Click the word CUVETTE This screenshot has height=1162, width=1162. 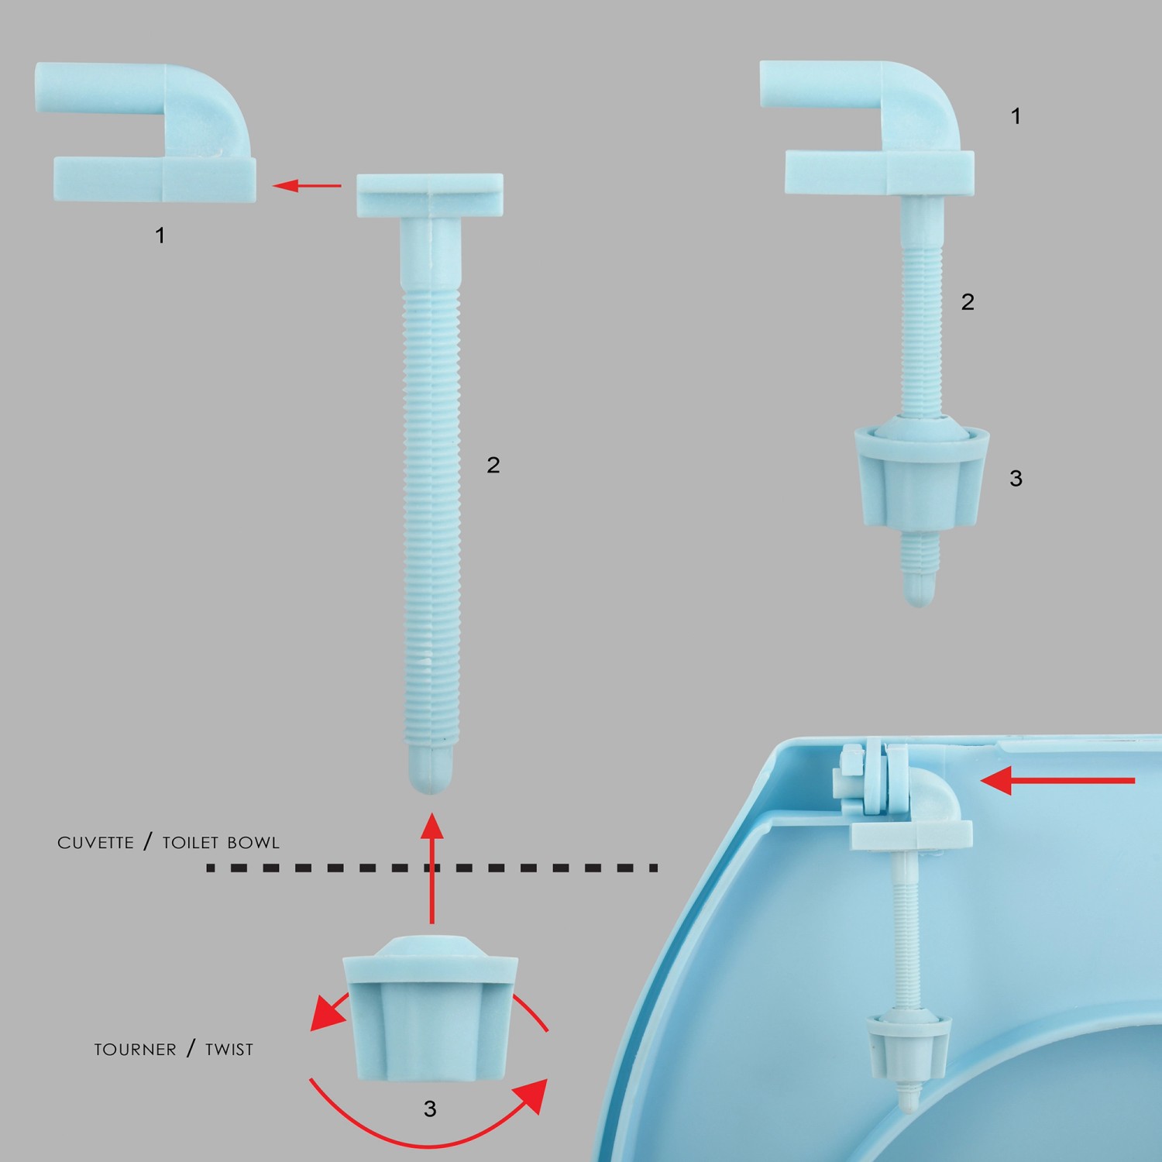click(x=95, y=843)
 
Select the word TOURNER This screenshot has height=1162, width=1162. click(x=135, y=1050)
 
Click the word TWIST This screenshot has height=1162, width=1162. click(x=229, y=1050)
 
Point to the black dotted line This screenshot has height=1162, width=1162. click(x=431, y=868)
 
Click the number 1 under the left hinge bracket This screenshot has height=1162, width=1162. click(x=160, y=235)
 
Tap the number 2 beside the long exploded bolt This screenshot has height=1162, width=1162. click(x=493, y=465)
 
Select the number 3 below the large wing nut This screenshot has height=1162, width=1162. click(x=430, y=1109)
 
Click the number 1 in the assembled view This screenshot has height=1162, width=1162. click(x=1016, y=116)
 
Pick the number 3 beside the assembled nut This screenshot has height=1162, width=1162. click(x=1016, y=479)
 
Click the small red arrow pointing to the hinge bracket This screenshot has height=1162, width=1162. click(x=307, y=186)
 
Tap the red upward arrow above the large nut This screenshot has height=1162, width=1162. click(x=431, y=868)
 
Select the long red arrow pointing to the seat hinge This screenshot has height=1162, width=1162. click(x=1057, y=781)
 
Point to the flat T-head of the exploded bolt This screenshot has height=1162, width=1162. click(x=430, y=195)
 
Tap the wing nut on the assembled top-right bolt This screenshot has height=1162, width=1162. click(x=921, y=474)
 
